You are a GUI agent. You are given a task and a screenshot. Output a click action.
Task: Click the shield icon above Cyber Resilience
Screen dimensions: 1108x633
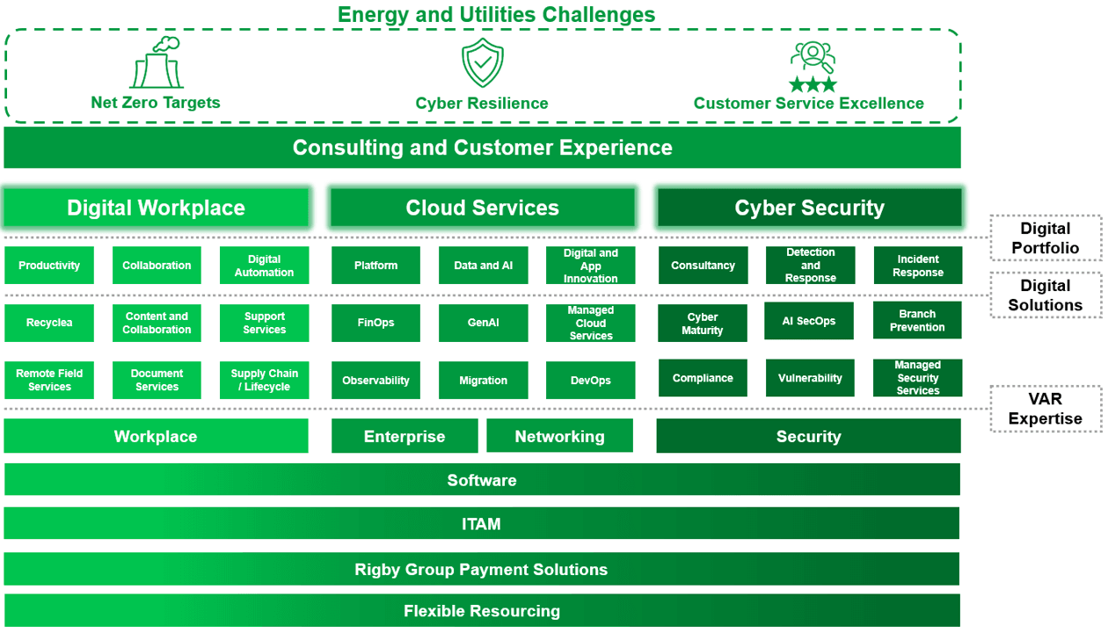click(482, 62)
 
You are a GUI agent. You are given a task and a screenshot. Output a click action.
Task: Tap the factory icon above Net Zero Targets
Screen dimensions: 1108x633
click(157, 62)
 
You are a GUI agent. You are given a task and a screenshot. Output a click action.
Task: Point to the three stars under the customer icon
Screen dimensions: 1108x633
click(813, 84)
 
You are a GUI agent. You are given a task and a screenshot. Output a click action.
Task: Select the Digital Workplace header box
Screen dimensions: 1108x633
click(156, 207)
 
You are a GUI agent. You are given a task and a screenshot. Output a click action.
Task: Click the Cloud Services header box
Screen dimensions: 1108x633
click(482, 207)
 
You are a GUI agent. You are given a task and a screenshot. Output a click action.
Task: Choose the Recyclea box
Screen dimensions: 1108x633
click(49, 323)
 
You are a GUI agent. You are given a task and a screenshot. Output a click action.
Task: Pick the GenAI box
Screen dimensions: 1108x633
click(484, 323)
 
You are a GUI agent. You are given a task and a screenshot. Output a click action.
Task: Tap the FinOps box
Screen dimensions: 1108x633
click(376, 323)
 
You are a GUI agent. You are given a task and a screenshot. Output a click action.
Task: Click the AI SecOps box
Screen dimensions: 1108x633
click(809, 320)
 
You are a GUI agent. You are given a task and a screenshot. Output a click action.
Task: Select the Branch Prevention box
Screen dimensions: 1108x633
click(917, 320)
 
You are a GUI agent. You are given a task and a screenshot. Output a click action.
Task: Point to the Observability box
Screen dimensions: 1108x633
click(376, 380)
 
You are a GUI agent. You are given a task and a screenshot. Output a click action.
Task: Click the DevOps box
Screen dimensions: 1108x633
click(591, 380)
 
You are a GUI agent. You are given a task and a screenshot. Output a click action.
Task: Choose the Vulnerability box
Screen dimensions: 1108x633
click(810, 378)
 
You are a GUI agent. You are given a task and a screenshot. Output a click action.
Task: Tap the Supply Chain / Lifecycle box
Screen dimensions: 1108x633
click(264, 380)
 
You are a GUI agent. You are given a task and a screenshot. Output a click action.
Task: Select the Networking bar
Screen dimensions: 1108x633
click(559, 436)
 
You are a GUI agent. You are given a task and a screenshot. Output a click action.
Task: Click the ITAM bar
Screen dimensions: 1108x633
click(481, 523)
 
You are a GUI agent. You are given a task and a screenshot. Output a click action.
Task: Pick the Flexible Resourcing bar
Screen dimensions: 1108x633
click(482, 610)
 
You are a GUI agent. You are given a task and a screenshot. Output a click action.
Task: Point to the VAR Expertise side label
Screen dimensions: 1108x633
click(1046, 409)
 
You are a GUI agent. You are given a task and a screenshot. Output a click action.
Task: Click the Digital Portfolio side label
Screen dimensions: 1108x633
click(1046, 238)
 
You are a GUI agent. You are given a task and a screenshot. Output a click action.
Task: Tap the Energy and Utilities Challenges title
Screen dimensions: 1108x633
click(496, 14)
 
